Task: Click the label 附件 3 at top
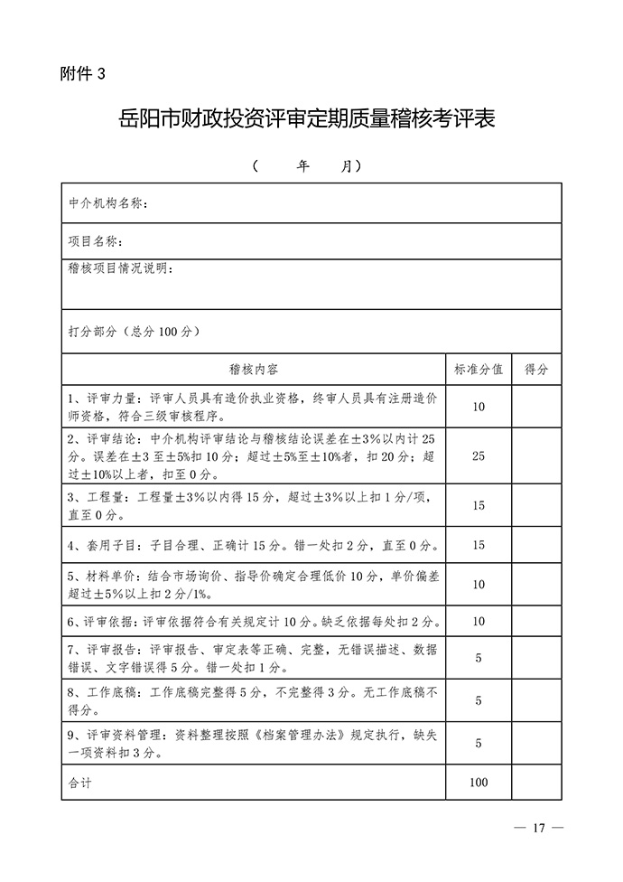(x=81, y=74)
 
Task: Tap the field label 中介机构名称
(x=107, y=203)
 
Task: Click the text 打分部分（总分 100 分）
(x=135, y=332)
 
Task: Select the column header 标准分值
(x=478, y=370)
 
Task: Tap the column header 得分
(x=536, y=370)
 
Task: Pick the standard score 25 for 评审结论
(x=478, y=456)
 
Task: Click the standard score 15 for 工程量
(x=478, y=506)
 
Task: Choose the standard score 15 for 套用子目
(x=478, y=545)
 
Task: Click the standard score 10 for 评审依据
(x=478, y=621)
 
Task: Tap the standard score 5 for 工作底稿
(x=478, y=700)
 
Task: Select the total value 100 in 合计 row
(x=478, y=783)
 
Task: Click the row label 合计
(x=81, y=783)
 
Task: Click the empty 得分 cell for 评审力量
(x=536, y=407)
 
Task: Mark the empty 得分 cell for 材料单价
(x=536, y=585)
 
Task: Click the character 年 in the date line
(x=303, y=166)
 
